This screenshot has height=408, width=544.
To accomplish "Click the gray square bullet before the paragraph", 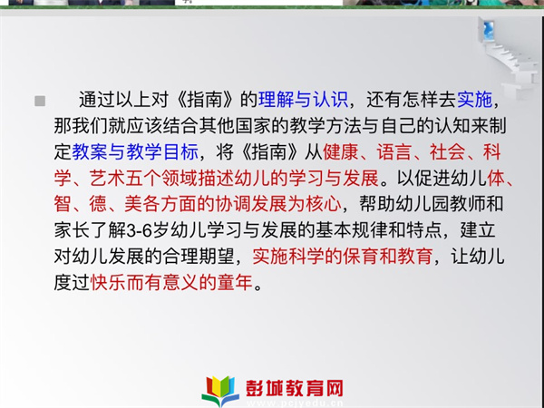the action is tap(40, 101).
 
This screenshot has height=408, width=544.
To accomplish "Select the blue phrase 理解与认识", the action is tap(303, 100).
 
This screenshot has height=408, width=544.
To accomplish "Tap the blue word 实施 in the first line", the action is tap(474, 100).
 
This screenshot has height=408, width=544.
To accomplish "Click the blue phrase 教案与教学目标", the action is tap(135, 151).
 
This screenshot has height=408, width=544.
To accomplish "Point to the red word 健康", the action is tap(340, 151).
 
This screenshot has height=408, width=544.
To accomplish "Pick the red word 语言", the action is tap(393, 151).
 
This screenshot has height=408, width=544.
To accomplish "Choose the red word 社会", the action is tap(447, 151).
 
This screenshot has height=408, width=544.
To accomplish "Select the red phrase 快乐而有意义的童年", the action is tap(171, 282).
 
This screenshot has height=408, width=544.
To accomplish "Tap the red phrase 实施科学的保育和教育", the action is tap(343, 257).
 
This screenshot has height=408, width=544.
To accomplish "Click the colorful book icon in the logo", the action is tap(220, 391).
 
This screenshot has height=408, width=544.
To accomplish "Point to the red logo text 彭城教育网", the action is tap(295, 388).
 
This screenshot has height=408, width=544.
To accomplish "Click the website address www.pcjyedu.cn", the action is tap(295, 403).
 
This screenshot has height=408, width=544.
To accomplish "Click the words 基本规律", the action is tap(351, 230).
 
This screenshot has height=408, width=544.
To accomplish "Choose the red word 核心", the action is tap(324, 204).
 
